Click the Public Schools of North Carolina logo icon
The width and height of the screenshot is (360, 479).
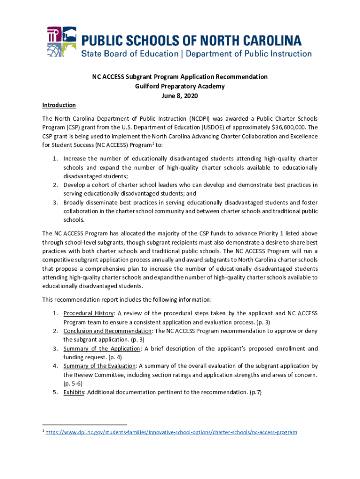click(61, 42)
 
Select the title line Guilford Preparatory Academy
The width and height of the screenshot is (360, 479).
click(180, 87)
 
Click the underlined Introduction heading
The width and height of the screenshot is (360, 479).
click(59, 105)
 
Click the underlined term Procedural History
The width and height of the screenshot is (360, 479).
click(88, 313)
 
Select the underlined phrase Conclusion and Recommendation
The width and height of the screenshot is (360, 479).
click(108, 331)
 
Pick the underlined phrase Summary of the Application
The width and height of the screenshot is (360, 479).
click(102, 348)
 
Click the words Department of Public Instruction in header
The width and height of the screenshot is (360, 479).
click(249, 53)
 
